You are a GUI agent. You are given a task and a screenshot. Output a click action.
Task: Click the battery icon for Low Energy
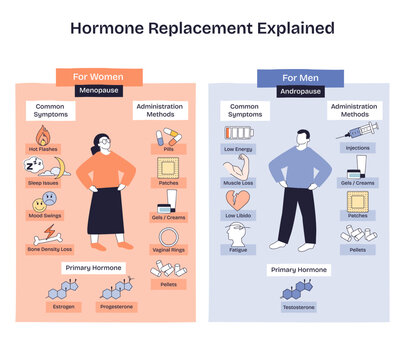point(237,133)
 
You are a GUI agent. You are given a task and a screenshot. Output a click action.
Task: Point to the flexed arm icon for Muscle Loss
point(236,167)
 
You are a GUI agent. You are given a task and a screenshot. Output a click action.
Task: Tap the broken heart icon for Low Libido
point(237,201)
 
